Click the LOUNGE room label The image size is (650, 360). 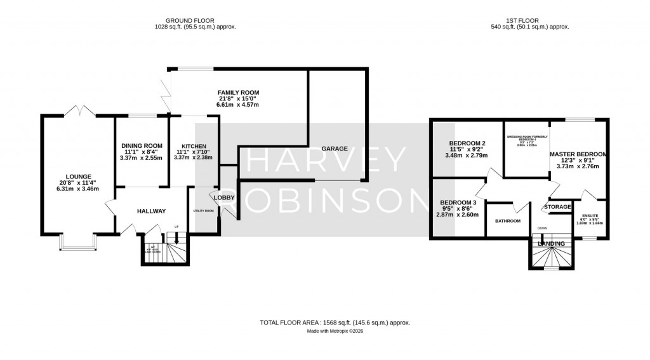click(x=79, y=177)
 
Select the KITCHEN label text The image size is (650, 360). click(x=194, y=145)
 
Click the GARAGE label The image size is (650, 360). click(x=335, y=149)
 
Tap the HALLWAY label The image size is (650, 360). click(x=150, y=211)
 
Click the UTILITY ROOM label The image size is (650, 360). click(x=204, y=210)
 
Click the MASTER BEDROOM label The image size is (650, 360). click(x=578, y=154)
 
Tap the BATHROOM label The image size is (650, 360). click(x=508, y=221)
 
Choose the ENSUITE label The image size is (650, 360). click(x=591, y=216)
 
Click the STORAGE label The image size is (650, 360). click(x=558, y=207)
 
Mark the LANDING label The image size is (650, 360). click(x=550, y=244)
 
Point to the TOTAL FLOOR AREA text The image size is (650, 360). click(x=335, y=323)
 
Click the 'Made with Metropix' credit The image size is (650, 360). click(x=335, y=331)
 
